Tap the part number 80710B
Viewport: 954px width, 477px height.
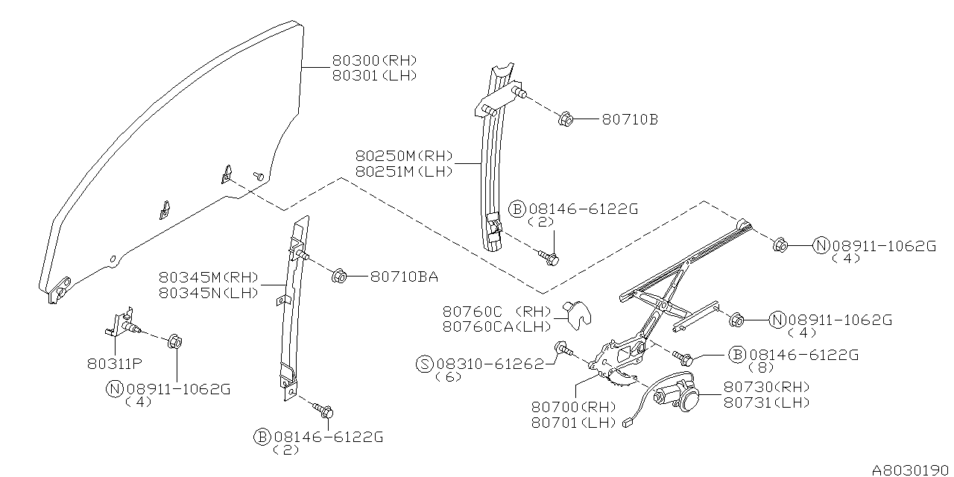point(630,119)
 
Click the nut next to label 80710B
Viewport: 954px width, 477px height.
point(565,119)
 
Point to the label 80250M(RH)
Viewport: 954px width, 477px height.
point(404,157)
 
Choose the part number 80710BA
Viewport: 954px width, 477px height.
point(403,277)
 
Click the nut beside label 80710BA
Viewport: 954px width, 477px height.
point(337,277)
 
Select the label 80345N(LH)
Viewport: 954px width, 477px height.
point(208,292)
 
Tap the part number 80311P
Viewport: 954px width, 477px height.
point(114,365)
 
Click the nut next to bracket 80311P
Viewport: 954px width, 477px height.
point(176,342)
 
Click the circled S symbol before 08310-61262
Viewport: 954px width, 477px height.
point(424,364)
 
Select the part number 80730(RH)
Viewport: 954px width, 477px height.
point(767,387)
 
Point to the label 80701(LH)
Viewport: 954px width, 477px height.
point(574,422)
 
